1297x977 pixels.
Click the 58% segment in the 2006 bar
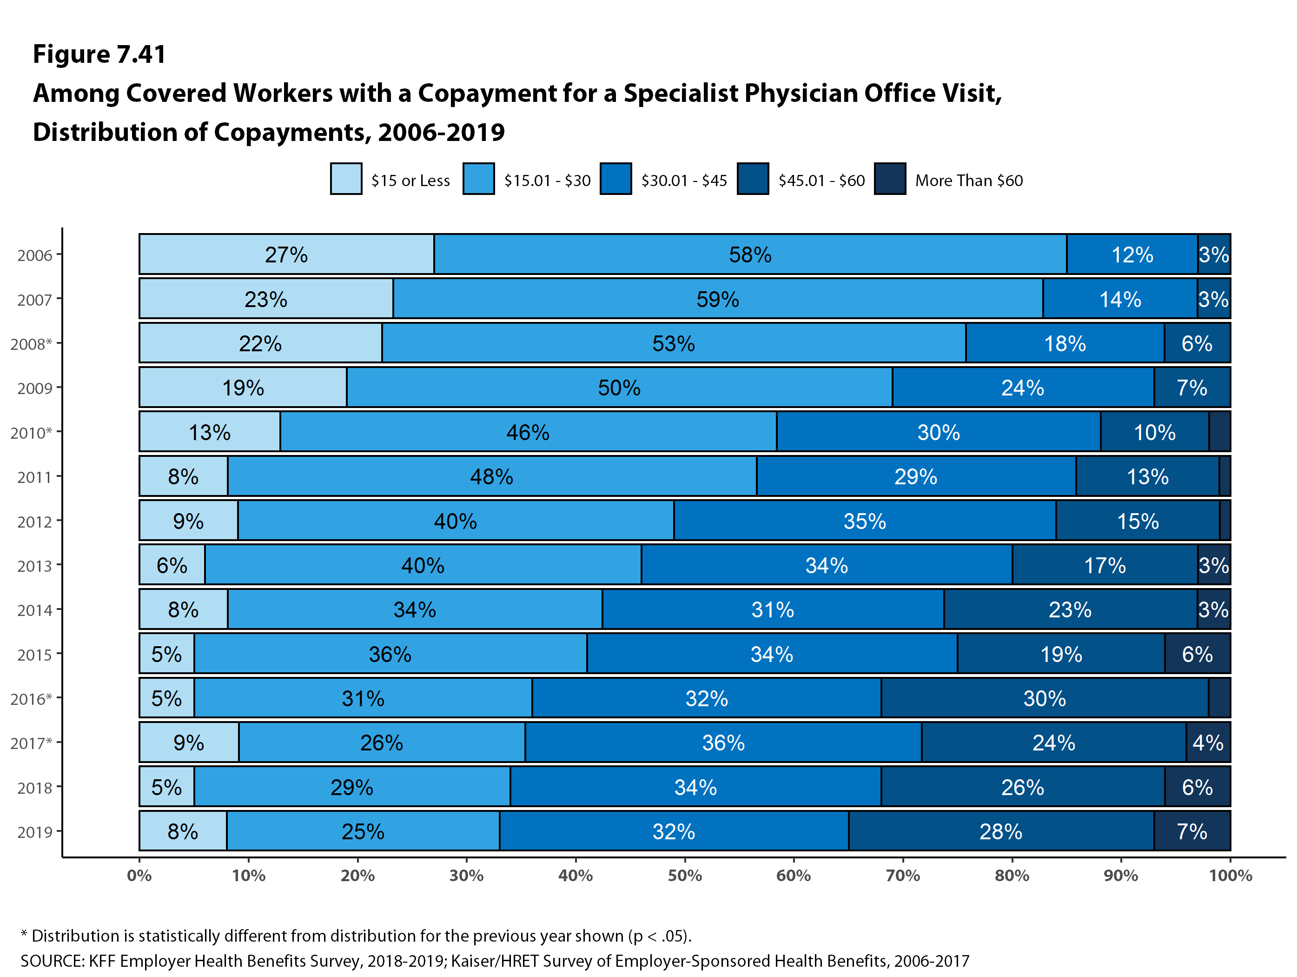(x=750, y=254)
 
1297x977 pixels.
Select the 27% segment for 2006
(x=286, y=254)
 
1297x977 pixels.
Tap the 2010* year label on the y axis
(x=31, y=433)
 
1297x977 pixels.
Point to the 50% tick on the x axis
(x=684, y=876)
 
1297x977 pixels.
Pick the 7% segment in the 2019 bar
(x=1191, y=831)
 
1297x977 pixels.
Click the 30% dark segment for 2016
(x=1044, y=698)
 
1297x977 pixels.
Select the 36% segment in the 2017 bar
(x=723, y=743)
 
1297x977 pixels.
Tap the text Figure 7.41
(x=99, y=54)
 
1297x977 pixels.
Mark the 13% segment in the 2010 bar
(x=209, y=433)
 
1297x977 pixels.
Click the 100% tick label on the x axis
(x=1230, y=876)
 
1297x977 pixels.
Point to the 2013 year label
(x=34, y=566)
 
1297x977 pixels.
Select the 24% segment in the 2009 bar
(x=1023, y=388)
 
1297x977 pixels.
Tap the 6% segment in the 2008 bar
(x=1197, y=343)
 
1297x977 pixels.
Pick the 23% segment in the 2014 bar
(x=1070, y=609)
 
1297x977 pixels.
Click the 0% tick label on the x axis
(x=139, y=876)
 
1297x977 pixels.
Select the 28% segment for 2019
(x=1001, y=831)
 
